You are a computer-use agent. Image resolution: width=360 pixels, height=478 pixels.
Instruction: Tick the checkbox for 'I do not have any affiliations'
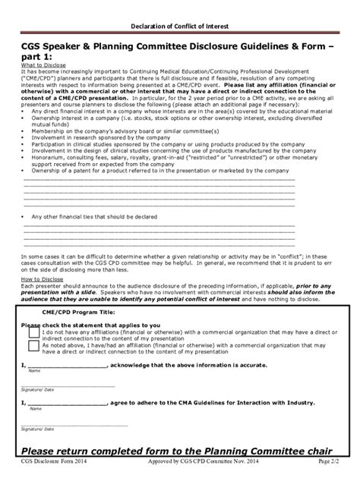[x=34, y=332]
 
